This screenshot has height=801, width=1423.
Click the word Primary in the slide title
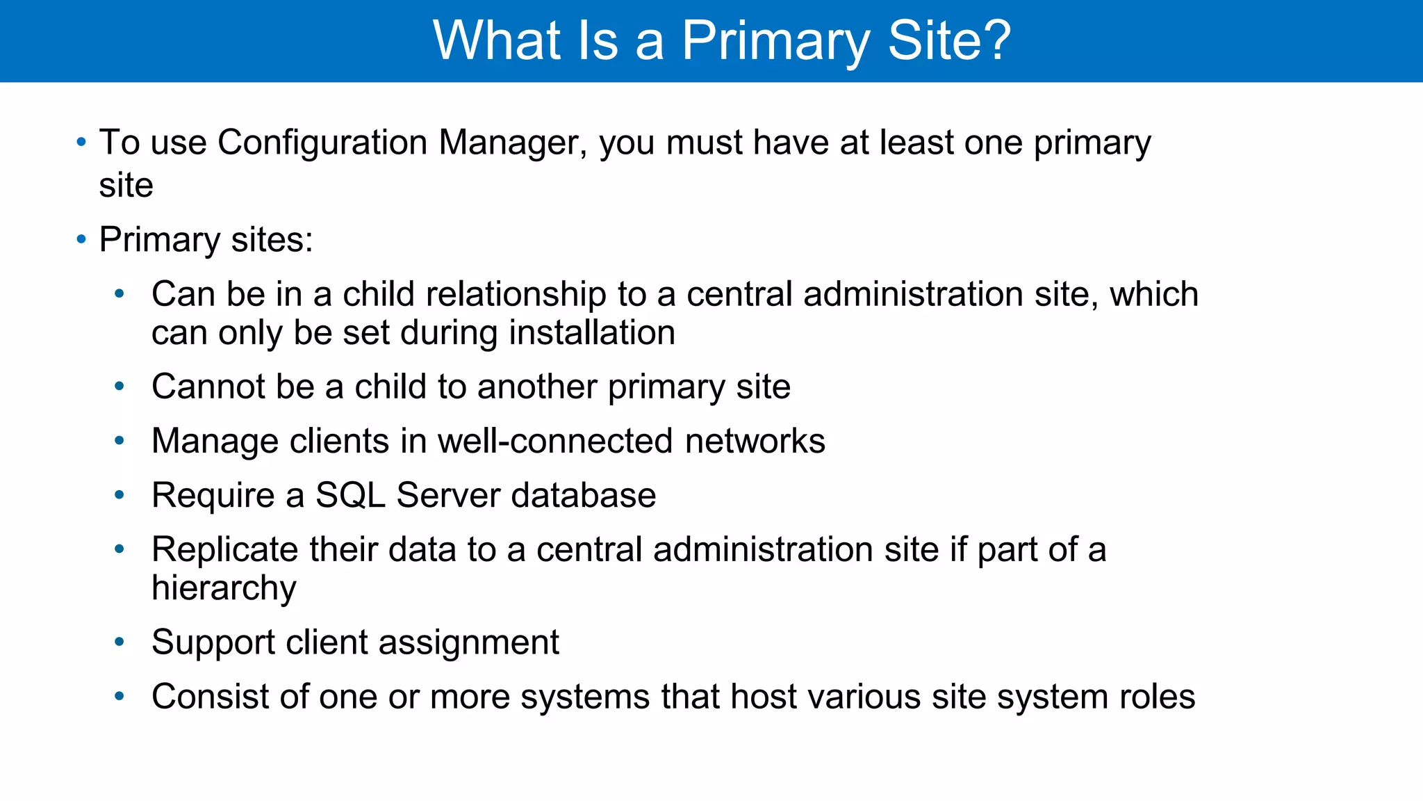(775, 42)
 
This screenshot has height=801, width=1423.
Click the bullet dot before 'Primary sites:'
(81, 240)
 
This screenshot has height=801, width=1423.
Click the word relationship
(516, 294)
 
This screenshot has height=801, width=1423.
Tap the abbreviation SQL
(350, 495)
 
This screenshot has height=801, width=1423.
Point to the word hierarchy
(224, 588)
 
